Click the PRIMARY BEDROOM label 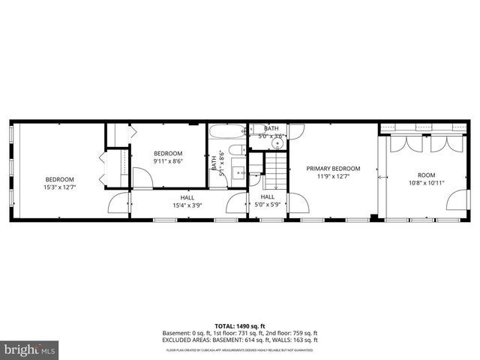tap(333, 169)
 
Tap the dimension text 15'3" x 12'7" tap(59, 187)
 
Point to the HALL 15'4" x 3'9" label tap(187, 200)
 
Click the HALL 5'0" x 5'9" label tap(267, 200)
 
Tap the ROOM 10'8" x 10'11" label tap(426, 178)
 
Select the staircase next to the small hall tap(274, 172)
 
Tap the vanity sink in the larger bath tap(239, 172)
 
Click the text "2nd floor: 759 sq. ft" tap(287, 334)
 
